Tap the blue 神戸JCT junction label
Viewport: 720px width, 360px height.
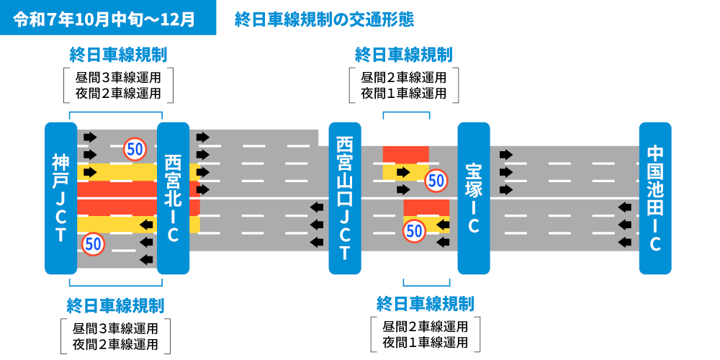60,198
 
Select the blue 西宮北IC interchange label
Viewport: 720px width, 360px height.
173,198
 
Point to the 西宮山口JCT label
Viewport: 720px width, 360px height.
344,198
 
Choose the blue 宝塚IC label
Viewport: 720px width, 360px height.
473,198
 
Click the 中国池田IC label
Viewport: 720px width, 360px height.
655,198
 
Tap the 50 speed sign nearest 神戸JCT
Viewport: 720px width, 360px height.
93,243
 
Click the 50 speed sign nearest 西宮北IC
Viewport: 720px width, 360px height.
135,149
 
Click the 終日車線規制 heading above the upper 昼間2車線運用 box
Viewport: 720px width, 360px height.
403,55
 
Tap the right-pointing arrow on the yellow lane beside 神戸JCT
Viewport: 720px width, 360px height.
90,172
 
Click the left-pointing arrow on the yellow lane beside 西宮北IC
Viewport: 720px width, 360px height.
147,225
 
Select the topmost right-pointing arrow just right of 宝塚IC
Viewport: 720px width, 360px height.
505,155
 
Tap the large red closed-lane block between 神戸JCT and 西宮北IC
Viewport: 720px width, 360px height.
119,198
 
